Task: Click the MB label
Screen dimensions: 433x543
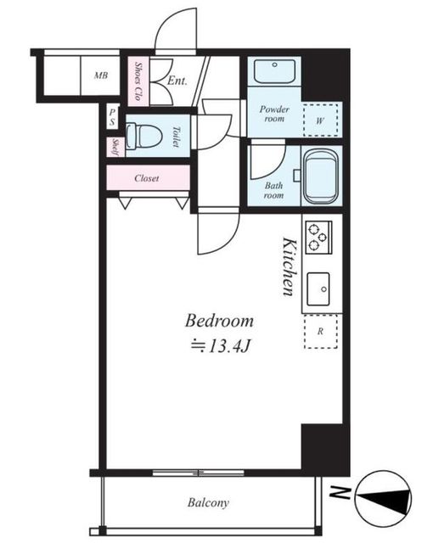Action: pos(101,76)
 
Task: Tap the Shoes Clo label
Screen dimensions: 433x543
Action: pos(138,81)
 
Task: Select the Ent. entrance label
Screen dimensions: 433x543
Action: pos(177,81)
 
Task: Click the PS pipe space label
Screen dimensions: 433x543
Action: pos(112,117)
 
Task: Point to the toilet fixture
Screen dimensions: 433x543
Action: pos(143,136)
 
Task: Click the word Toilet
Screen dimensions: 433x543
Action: pos(177,137)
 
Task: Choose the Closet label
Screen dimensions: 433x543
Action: pos(147,178)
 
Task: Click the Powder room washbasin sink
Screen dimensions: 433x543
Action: pos(274,70)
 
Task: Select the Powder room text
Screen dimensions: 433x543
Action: pos(274,114)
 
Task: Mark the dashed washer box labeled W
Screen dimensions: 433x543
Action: pos(320,120)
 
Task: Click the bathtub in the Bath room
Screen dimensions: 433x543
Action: pos(321,176)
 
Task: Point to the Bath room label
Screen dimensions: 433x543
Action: pos(273,190)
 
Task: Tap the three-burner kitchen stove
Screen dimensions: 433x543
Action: pos(318,238)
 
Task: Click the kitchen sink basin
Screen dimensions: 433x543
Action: pos(318,288)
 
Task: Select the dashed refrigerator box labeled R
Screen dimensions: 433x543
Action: pos(320,332)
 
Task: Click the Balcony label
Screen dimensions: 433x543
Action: pos(208,502)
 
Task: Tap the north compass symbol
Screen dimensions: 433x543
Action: pos(383,499)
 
